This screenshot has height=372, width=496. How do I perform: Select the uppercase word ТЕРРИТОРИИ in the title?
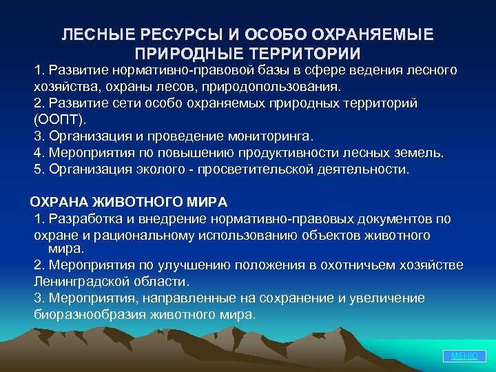[301, 53]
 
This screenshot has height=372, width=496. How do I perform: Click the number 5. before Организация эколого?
[39, 169]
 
